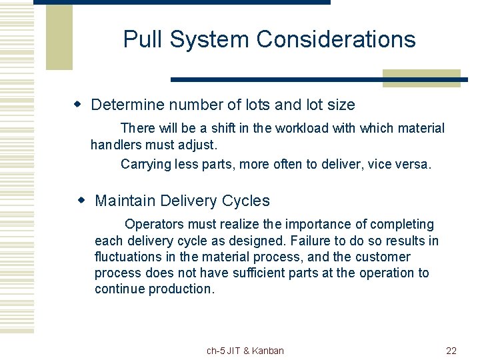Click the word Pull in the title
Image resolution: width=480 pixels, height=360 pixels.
(x=143, y=39)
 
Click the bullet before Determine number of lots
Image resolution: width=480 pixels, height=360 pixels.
(x=78, y=105)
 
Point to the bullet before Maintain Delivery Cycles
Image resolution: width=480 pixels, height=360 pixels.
(x=82, y=201)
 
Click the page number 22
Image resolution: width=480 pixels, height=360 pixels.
(x=451, y=351)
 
